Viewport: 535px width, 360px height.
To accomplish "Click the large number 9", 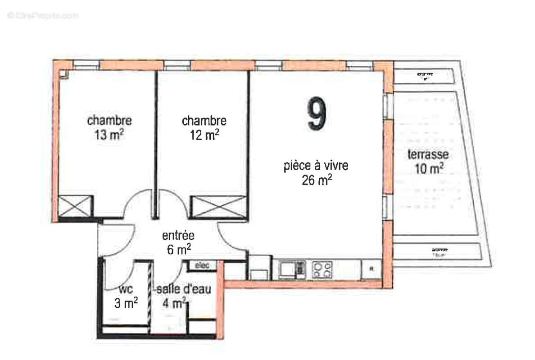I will pos(317,115).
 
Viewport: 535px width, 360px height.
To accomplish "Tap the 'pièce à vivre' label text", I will pos(316,166).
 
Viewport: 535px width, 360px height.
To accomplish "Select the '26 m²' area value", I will pos(317,180).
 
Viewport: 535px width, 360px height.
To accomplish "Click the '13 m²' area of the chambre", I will pos(109,135).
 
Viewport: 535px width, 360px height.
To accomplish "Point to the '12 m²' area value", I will pos(204,135).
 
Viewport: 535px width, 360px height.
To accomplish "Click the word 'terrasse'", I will pos(428,155).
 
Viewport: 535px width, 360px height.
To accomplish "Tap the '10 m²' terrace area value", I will pos(428,169).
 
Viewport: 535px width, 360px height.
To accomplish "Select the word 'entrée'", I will pos(178,235).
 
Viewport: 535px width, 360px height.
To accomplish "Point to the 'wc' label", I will pos(125,289).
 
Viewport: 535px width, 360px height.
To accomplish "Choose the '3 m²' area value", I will pos(126,303).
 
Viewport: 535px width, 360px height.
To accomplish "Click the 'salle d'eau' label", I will pos(183,290).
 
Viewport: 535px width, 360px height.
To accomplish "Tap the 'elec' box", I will pos(202,266).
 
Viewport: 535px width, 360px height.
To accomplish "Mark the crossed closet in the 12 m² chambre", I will pos(219,207).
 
